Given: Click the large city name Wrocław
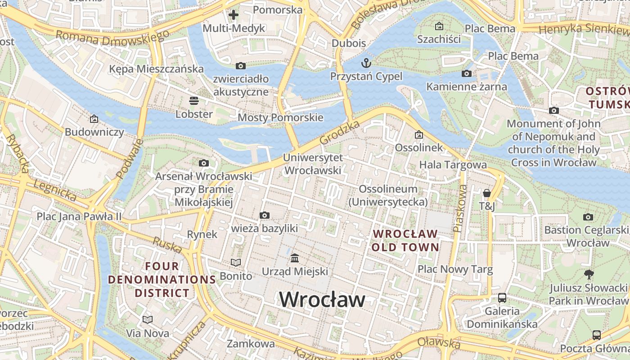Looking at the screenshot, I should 322,299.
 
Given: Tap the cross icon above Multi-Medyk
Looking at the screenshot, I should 233,15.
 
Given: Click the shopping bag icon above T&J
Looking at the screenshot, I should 486,193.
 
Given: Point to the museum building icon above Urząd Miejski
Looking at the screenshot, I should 295,258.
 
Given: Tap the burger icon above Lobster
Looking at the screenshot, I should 194,100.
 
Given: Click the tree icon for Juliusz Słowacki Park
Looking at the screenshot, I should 588,274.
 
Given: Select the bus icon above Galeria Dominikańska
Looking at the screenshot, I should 502,298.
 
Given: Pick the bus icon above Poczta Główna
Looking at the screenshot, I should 596,335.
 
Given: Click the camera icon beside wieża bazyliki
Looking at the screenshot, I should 265,216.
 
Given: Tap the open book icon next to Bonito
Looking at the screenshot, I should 236,262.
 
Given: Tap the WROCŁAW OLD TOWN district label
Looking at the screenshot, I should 405,240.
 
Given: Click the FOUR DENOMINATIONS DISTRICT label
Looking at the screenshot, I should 162,279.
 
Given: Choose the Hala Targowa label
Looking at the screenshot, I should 453,165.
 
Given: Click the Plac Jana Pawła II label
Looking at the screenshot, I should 79,216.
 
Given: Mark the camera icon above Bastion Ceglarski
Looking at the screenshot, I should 588,217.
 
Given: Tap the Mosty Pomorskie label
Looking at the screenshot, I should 280,118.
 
